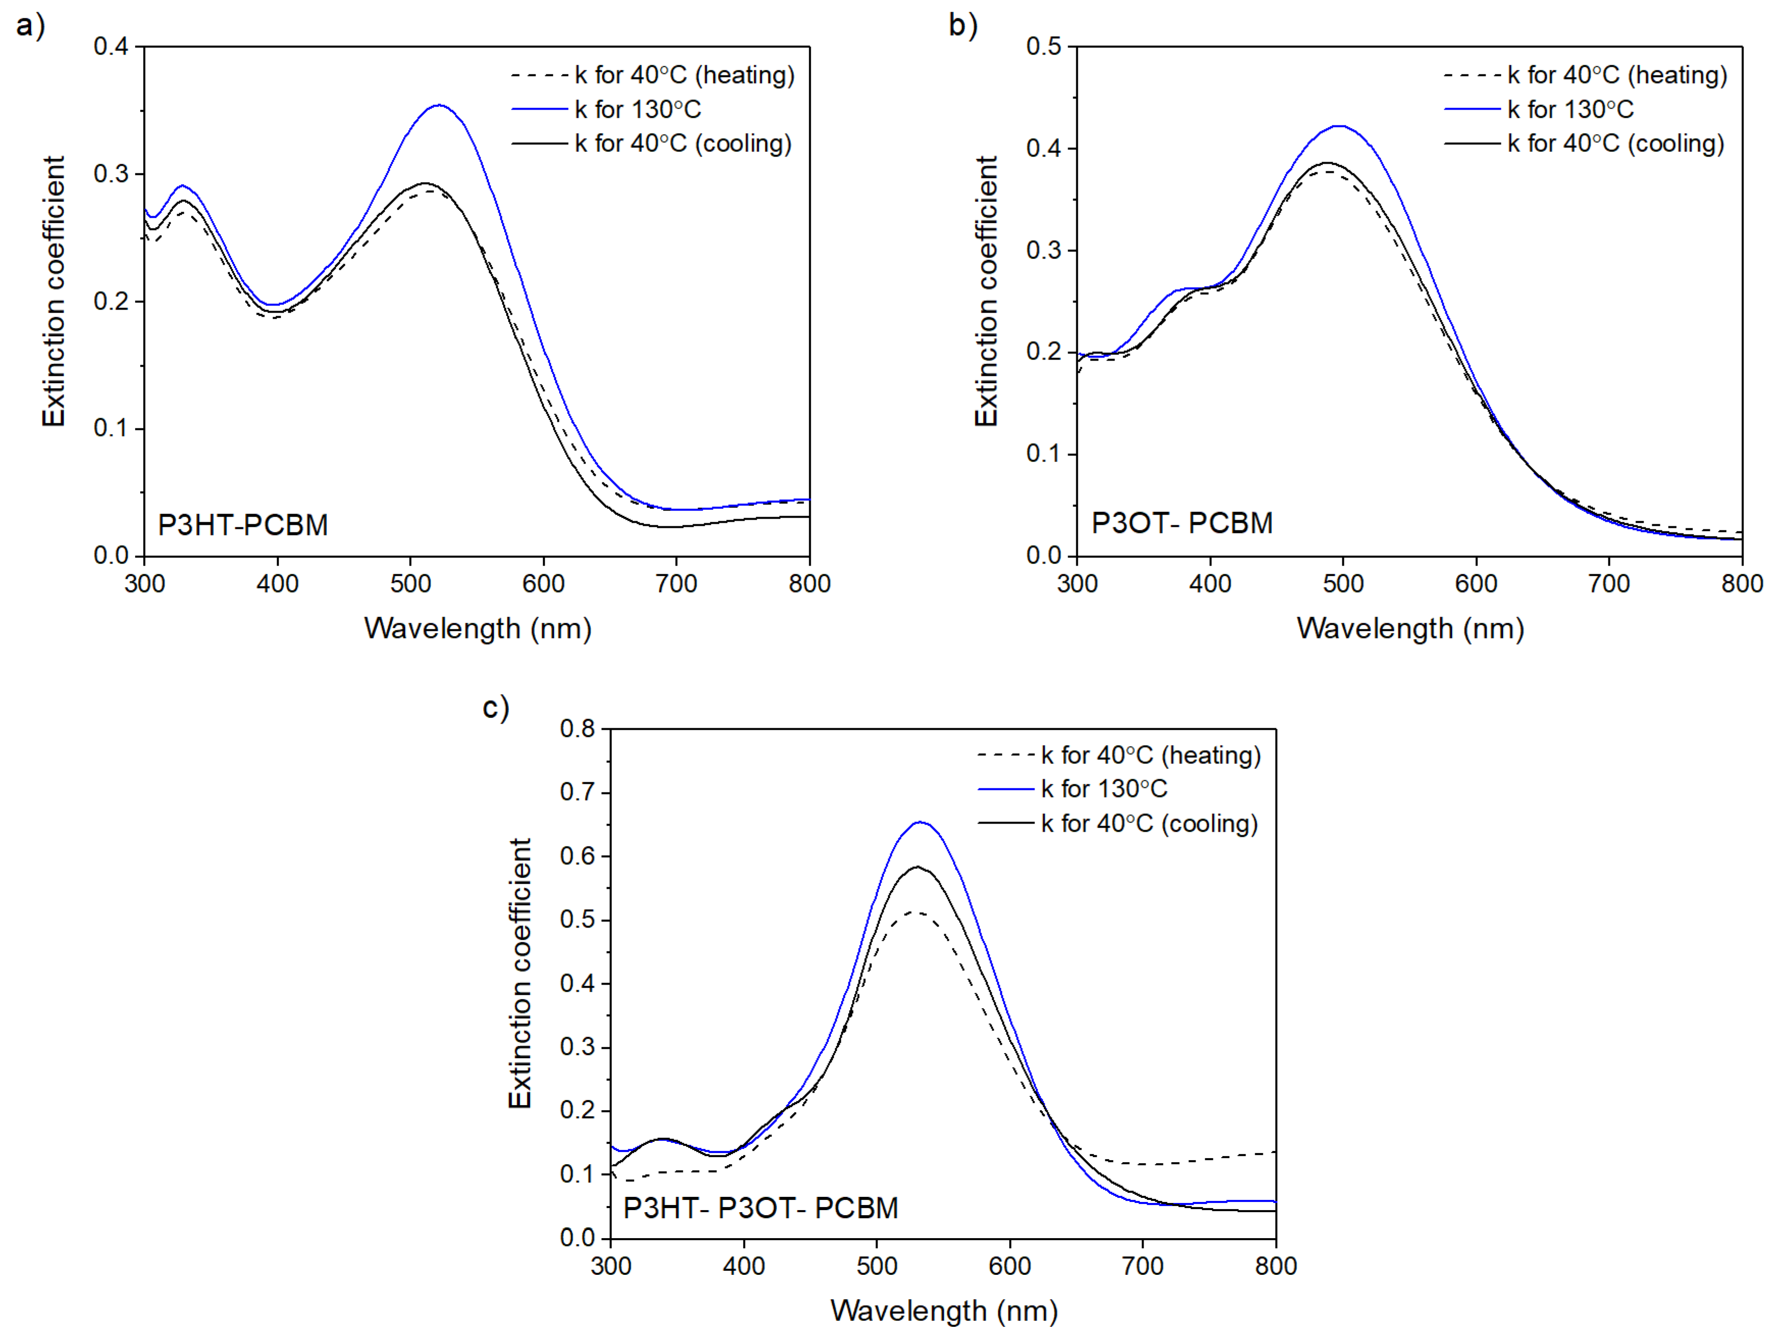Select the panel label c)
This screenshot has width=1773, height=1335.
point(495,707)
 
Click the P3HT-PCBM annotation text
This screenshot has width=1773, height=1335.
point(243,525)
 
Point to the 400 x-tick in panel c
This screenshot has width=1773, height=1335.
point(744,1266)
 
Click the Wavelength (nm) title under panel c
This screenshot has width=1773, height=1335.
point(943,1311)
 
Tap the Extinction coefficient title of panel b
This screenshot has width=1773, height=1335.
point(986,292)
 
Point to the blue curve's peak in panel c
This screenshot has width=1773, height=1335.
point(921,822)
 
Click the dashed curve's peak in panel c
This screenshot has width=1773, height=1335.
point(914,912)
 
